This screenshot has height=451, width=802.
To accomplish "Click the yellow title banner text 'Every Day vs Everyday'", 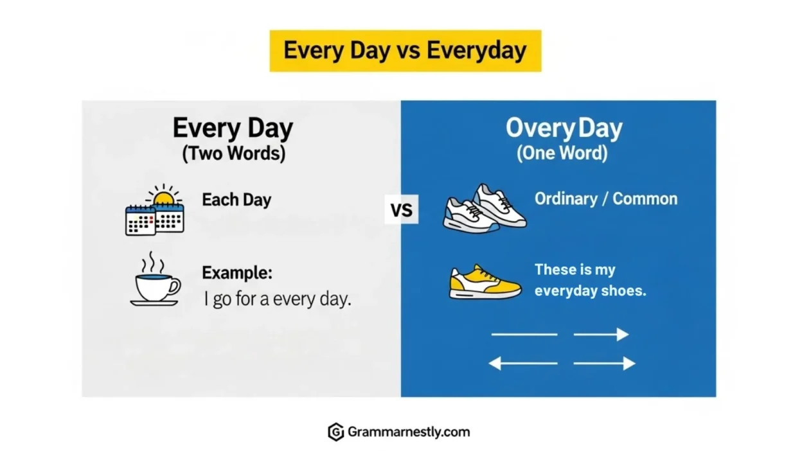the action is [x=405, y=51].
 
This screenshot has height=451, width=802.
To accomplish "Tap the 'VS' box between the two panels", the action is [x=402, y=209].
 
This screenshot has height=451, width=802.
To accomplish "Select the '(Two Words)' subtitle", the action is [x=234, y=154].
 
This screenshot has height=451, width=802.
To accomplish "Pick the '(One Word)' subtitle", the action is [x=562, y=153].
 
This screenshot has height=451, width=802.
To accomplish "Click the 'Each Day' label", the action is [x=236, y=200].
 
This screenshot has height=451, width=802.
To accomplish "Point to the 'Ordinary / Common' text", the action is [x=606, y=199].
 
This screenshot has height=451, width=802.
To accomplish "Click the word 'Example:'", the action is [x=237, y=273].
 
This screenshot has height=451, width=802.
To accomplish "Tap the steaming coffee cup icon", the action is [x=156, y=279].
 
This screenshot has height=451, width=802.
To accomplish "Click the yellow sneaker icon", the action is [x=485, y=281].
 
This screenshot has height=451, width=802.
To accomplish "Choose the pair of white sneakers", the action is [x=485, y=209].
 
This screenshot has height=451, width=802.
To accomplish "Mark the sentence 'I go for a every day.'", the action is [x=278, y=299].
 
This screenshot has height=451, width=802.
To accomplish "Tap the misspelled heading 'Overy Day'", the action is [x=564, y=128].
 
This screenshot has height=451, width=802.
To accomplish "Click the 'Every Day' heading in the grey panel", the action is [x=233, y=128].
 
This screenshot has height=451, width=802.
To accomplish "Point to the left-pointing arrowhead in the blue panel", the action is [x=495, y=364].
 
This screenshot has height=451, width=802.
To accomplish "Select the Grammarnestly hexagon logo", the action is [x=336, y=432].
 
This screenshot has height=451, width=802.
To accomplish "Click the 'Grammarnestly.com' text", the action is [x=409, y=432].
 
